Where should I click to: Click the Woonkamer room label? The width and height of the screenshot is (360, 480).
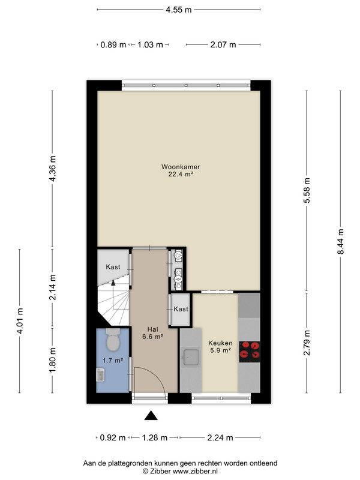[x=181, y=167]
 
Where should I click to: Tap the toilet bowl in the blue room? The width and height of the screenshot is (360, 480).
[x=113, y=340]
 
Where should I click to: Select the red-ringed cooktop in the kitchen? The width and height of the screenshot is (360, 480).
[x=250, y=352]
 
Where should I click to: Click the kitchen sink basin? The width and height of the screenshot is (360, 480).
[x=191, y=357]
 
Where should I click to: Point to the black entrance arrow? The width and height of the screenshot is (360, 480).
[x=151, y=415]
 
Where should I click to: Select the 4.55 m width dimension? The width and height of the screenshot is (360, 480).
[x=179, y=10]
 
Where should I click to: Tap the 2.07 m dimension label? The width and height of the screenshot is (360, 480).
[x=223, y=44]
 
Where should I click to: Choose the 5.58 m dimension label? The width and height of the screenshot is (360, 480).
[x=307, y=190]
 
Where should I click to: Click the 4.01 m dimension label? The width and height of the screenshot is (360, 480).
[x=20, y=321]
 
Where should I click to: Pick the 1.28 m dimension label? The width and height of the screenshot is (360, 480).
[x=155, y=438]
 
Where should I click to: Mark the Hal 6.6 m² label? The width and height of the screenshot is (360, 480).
[x=152, y=333]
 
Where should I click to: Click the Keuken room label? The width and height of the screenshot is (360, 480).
[x=220, y=343]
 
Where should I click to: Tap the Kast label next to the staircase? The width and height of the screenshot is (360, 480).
[x=113, y=267]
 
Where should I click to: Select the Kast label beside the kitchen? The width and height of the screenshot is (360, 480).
[x=181, y=309]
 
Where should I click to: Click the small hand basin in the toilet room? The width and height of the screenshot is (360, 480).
[x=100, y=374]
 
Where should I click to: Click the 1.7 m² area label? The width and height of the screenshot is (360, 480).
[x=113, y=361]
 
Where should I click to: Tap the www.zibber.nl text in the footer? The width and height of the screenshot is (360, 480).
[x=195, y=472]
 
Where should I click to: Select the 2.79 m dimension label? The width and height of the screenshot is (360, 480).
[x=307, y=343]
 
